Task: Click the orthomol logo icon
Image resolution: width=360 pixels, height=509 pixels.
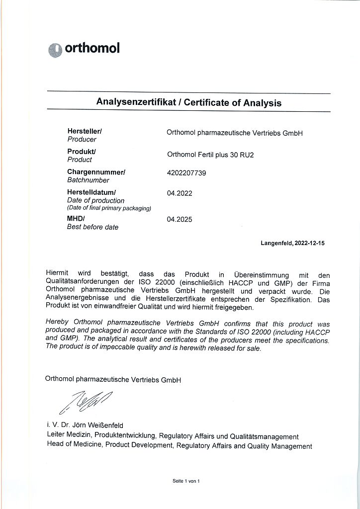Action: click(55, 50)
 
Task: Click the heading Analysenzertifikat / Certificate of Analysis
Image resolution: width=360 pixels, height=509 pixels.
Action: click(188, 103)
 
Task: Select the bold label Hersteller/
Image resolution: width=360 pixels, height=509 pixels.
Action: click(85, 131)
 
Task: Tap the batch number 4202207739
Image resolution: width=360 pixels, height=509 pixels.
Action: click(186, 173)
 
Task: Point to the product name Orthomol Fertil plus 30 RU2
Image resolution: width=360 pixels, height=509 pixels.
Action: click(210, 155)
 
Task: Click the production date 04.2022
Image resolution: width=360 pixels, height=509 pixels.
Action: click(180, 193)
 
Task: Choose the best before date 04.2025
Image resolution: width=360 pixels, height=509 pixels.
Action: click(180, 219)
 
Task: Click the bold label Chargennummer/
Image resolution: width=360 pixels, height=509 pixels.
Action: click(96, 172)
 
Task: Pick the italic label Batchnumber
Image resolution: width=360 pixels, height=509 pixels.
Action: click(88, 180)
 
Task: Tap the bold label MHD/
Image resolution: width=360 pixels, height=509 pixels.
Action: click(76, 218)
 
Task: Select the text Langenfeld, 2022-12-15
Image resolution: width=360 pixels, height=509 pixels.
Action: click(292, 244)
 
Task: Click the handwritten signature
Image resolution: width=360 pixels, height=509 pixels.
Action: click(86, 402)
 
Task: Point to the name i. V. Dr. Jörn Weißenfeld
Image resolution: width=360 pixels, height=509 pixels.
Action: click(85, 425)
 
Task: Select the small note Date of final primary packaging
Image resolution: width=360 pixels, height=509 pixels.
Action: click(109, 208)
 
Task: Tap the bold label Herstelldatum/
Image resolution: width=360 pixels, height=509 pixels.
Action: click(91, 192)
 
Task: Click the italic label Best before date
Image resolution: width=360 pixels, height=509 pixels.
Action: click(92, 227)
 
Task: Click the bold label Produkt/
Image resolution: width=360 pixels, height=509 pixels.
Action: click(82, 151)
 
